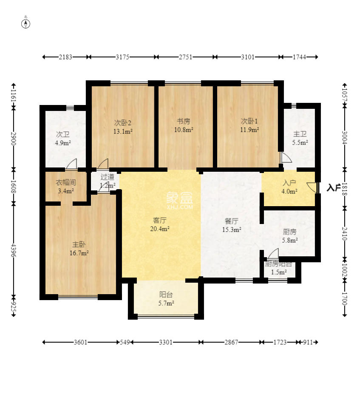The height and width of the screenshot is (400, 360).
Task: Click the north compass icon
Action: point(26,23)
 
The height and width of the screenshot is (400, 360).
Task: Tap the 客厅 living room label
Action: point(160,220)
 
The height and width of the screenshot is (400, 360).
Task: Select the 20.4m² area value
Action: point(161,229)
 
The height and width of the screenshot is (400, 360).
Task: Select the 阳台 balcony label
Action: point(166,294)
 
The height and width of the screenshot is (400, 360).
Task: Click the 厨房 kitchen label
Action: point(289,232)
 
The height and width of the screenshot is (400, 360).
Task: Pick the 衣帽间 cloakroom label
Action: point(66,183)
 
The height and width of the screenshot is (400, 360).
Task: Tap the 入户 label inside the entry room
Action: point(289,183)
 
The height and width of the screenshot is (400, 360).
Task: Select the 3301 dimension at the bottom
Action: point(166,342)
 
